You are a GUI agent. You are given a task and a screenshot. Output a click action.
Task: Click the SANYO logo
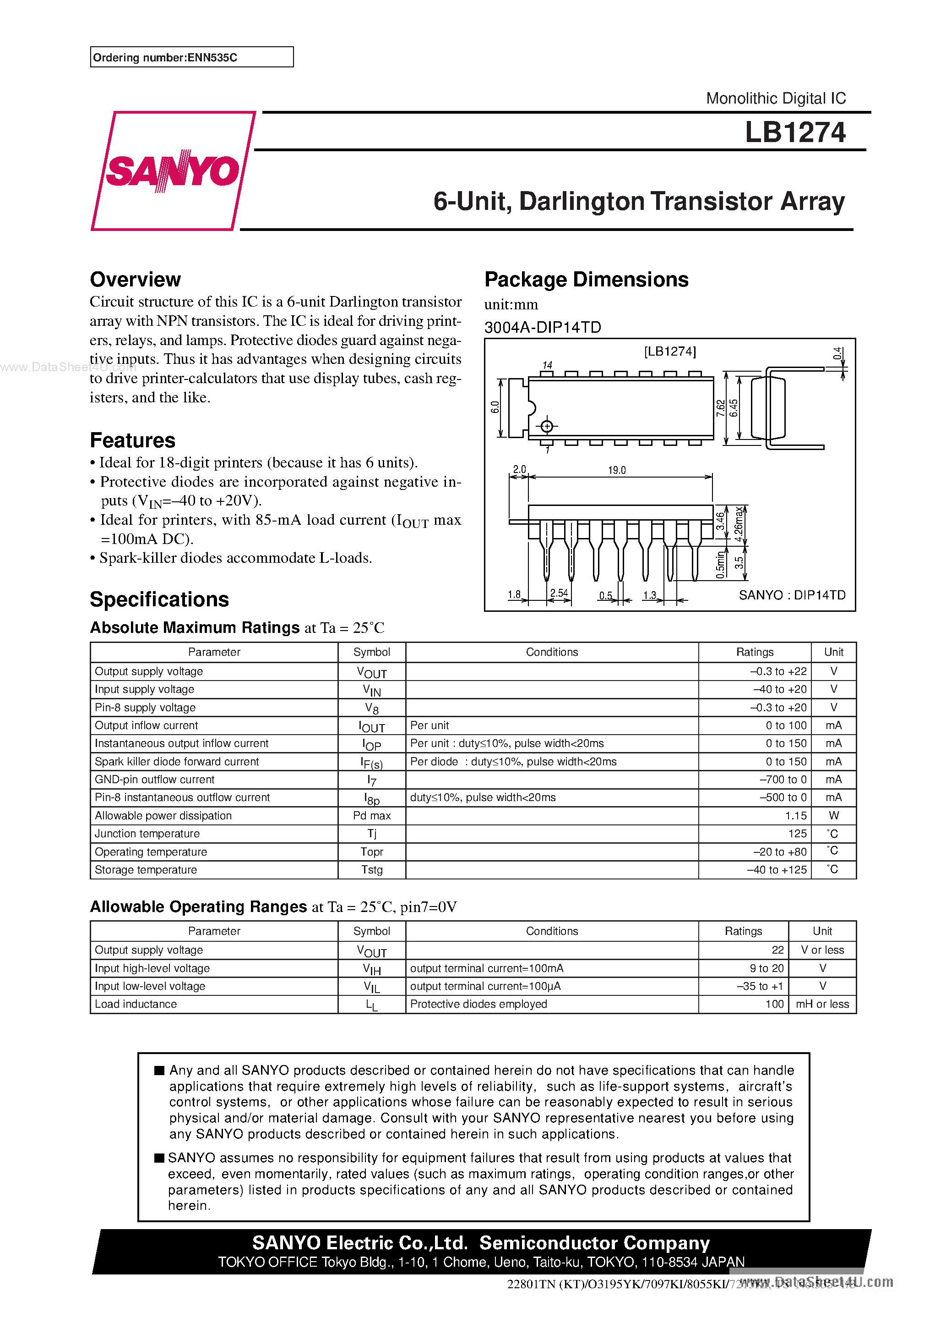(173, 170)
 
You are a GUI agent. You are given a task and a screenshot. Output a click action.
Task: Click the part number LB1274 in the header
(794, 132)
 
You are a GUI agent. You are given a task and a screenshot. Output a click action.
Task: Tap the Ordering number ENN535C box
(191, 57)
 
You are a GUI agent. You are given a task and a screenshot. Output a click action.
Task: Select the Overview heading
(136, 280)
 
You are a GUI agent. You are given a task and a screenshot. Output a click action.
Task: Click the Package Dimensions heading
(586, 280)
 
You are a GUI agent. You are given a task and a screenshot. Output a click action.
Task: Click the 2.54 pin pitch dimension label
(559, 593)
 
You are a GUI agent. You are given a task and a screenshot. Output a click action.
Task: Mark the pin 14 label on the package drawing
(547, 365)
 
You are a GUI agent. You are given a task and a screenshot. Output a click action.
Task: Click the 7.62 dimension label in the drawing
(720, 407)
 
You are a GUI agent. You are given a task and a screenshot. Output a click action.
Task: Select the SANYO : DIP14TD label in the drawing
(791, 595)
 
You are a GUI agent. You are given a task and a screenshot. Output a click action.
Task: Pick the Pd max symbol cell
(371, 815)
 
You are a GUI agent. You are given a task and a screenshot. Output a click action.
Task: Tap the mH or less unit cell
(822, 1004)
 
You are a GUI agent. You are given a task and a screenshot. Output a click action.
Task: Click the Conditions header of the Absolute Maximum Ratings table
(552, 652)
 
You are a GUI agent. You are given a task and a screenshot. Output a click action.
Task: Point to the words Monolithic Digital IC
(775, 98)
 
